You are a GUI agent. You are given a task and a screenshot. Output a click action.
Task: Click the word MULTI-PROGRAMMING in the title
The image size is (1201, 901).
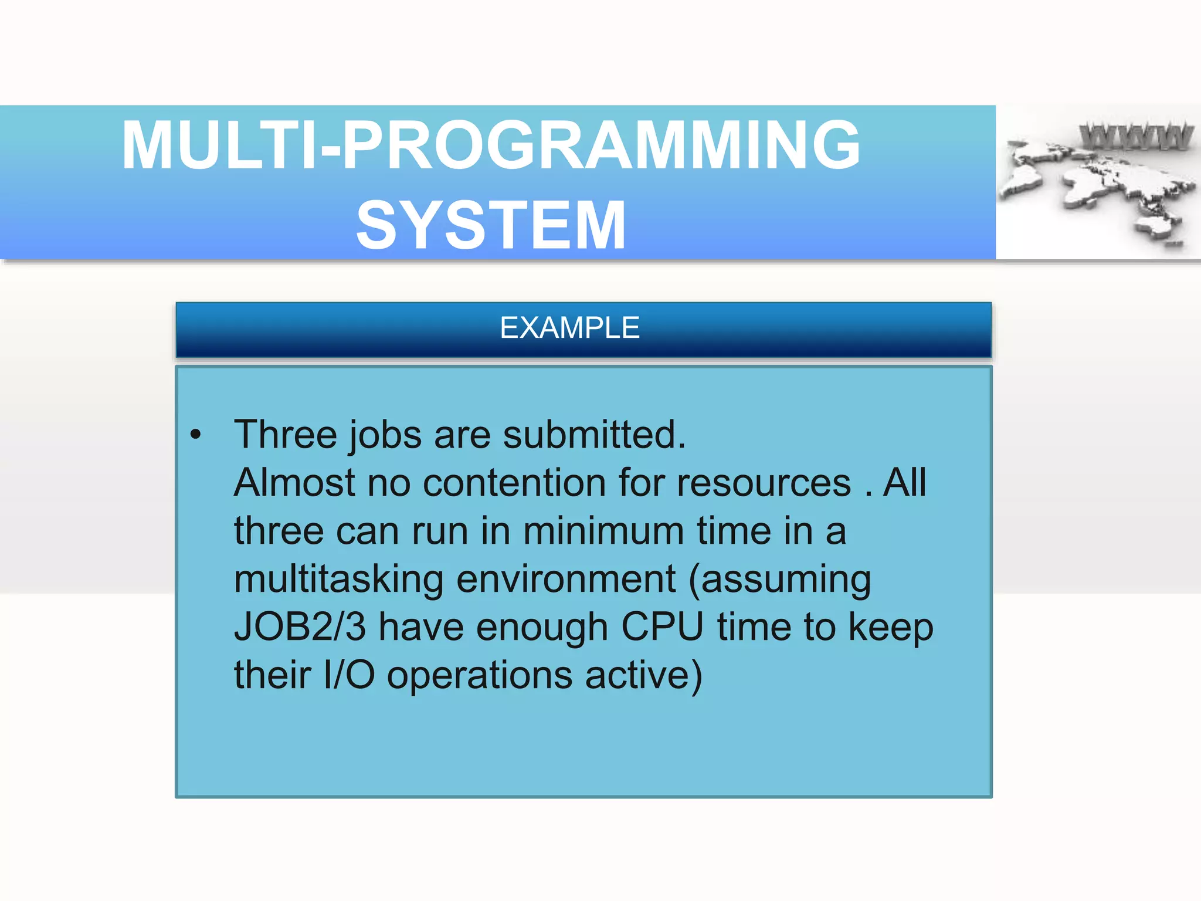click(491, 145)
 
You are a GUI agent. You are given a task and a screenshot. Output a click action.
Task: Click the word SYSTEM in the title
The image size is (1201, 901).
click(491, 225)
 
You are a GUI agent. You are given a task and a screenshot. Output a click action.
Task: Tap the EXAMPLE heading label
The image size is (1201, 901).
click(569, 328)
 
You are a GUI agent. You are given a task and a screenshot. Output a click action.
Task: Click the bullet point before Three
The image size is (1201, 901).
click(196, 435)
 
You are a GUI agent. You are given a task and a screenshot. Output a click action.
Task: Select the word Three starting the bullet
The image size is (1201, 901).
click(285, 435)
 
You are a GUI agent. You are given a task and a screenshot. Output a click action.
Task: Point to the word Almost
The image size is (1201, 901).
click(294, 483)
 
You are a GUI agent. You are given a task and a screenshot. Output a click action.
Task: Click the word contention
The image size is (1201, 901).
click(514, 483)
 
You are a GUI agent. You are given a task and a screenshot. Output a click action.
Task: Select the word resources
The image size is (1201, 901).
click(764, 483)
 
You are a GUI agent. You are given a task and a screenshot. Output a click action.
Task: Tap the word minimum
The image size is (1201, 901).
click(603, 531)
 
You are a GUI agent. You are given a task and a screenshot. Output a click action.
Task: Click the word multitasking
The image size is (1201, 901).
click(338, 579)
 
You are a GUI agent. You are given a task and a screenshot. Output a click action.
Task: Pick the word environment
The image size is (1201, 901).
click(566, 579)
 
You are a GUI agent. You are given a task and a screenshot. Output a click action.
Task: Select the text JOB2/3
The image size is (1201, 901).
click(300, 627)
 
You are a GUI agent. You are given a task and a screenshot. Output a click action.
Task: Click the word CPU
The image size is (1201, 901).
click(662, 627)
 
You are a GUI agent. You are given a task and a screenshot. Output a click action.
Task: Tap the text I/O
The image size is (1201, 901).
click(349, 675)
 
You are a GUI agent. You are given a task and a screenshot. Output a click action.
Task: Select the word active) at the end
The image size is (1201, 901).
click(643, 675)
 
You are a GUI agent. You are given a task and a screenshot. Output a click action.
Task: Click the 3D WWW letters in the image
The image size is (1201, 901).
click(1136, 136)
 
